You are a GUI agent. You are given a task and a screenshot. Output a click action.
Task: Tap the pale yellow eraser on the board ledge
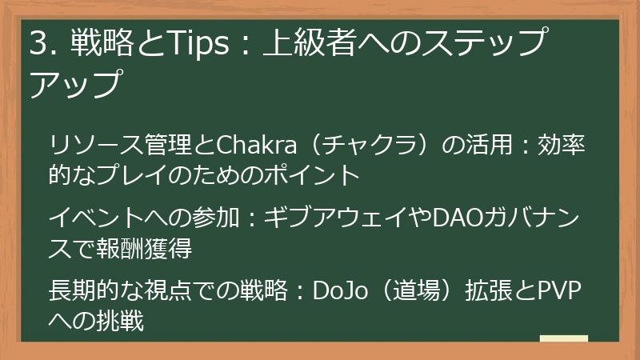click(x=563, y=339)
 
